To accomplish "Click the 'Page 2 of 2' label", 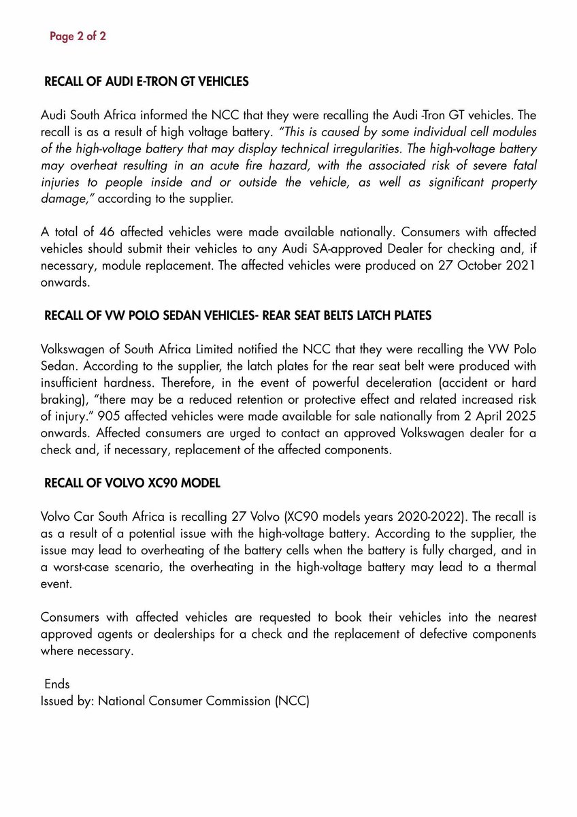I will [x=78, y=37].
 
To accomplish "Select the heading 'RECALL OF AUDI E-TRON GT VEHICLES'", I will [x=146, y=82].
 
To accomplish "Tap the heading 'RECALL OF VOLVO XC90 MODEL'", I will [x=132, y=483].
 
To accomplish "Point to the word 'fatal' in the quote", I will [x=521, y=165].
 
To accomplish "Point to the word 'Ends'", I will [x=57, y=684].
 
